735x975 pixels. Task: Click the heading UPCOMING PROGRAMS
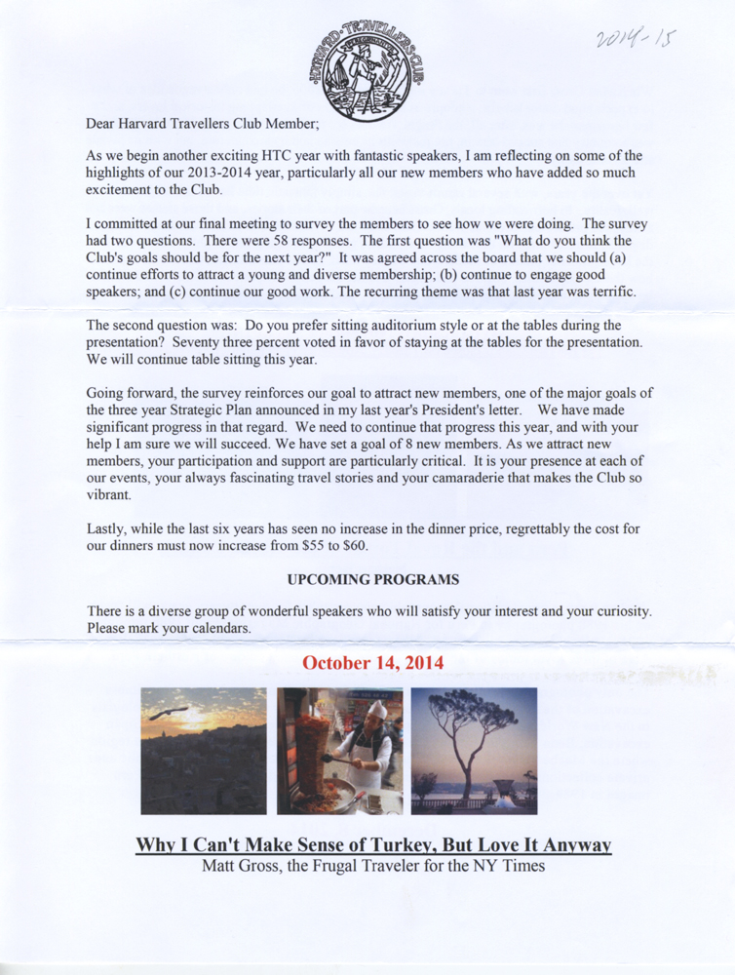click(373, 579)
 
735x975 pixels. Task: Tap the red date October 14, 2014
click(373, 663)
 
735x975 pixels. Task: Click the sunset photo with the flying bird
click(203, 750)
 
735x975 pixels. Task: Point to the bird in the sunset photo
click(168, 713)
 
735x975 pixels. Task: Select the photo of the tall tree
click(474, 750)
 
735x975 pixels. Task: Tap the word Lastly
click(108, 527)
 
